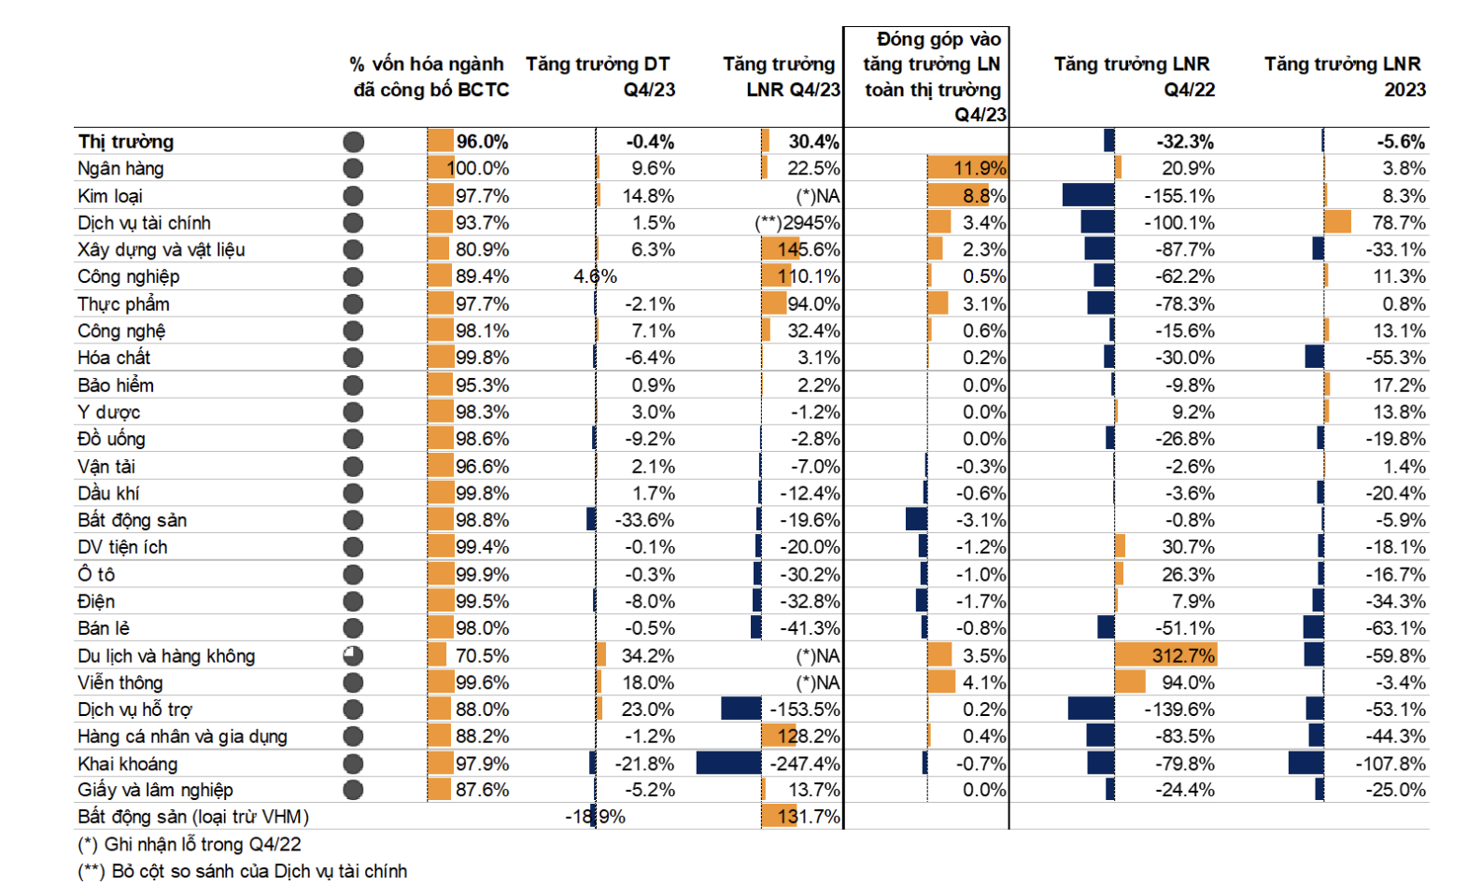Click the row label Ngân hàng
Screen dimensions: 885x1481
(x=120, y=169)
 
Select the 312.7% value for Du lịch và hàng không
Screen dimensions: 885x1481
(x=1183, y=656)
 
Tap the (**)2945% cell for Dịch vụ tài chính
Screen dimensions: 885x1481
(x=797, y=223)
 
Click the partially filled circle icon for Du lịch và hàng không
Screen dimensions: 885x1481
(x=353, y=656)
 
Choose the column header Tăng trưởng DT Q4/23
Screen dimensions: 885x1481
(x=599, y=77)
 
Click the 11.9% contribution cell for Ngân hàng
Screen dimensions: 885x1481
(x=980, y=169)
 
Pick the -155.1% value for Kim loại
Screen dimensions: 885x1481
(x=1179, y=196)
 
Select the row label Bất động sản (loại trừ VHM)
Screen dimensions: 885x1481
(x=193, y=817)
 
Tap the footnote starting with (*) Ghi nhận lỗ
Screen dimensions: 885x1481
(x=190, y=845)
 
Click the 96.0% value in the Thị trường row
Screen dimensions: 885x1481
(x=482, y=142)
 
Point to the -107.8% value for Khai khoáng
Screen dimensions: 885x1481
(x=1390, y=764)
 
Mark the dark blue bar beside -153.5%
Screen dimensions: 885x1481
(x=741, y=709)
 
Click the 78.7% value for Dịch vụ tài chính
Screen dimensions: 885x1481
(x=1398, y=223)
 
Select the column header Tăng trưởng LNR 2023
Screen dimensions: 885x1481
(x=1344, y=77)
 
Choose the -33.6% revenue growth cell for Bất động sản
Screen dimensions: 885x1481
(x=644, y=520)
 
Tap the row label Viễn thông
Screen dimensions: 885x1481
(x=120, y=683)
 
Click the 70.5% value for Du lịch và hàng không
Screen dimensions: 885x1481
(x=482, y=656)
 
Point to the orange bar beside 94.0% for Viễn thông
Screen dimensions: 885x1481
(x=1130, y=683)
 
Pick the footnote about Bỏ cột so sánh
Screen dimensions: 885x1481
(x=243, y=872)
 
